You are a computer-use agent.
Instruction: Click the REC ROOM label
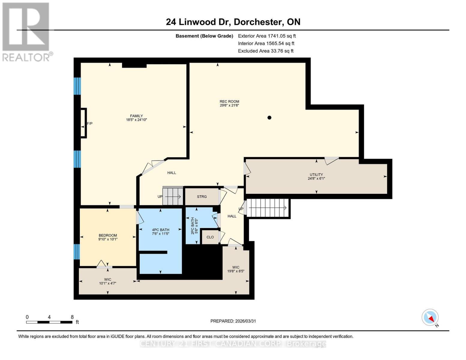coord(229,101)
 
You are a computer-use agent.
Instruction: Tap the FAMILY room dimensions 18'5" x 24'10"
coord(136,120)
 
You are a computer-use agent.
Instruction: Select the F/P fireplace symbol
coord(84,123)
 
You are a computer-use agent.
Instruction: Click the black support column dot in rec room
coord(269,118)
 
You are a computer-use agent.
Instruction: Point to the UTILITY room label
coord(316,175)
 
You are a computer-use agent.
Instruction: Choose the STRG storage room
coord(202,197)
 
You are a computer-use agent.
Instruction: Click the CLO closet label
coord(210,237)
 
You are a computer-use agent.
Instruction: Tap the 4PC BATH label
coord(161,230)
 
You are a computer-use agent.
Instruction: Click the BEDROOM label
coord(108,235)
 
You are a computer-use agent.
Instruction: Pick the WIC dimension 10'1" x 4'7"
coord(107,283)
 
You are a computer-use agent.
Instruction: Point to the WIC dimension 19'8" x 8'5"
coord(236,271)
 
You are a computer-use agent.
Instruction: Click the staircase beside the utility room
coord(267,208)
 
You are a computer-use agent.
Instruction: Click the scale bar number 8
coord(72,317)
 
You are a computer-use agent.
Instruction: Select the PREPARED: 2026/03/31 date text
coord(233,321)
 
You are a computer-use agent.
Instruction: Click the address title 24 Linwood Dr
coord(198,22)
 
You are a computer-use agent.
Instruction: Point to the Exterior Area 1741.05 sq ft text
coord(267,36)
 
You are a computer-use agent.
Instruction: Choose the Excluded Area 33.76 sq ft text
coord(266,51)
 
